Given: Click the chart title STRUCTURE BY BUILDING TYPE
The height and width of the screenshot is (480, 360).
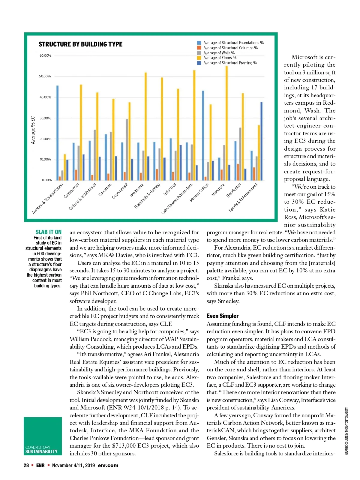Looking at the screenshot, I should (x=80, y=44).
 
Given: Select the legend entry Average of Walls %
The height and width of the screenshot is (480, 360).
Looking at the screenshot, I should (x=219, y=53).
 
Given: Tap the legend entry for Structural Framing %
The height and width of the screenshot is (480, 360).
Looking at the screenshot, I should (x=230, y=63).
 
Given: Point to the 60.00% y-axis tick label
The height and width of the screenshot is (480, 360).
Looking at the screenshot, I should (x=45, y=56).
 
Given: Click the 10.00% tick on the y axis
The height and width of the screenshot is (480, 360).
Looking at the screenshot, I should (x=45, y=160).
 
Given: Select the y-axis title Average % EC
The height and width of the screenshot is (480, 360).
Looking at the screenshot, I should (x=33, y=130).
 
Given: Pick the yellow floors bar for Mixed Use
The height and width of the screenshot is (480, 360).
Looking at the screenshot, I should (x=227, y=123).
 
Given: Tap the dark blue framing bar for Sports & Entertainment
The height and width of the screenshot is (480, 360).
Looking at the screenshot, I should (x=261, y=141).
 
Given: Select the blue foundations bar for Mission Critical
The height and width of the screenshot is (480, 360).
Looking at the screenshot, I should (x=203, y=135).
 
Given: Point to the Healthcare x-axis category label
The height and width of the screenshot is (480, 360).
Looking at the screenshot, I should (x=137, y=190).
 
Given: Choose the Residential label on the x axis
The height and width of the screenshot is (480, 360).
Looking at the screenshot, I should (x=234, y=190).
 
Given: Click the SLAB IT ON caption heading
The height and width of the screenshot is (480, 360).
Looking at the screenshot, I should (x=48, y=232).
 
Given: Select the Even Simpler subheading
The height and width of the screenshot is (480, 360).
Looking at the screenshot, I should (x=223, y=316).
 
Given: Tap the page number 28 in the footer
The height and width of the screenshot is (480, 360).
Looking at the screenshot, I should (x=26, y=465).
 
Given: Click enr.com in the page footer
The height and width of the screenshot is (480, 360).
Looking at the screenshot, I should (x=108, y=465).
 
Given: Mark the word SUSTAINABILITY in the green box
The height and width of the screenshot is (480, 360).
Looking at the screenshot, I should (x=41, y=452).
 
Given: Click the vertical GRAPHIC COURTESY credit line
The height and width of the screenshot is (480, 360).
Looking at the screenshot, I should (x=346, y=430).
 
